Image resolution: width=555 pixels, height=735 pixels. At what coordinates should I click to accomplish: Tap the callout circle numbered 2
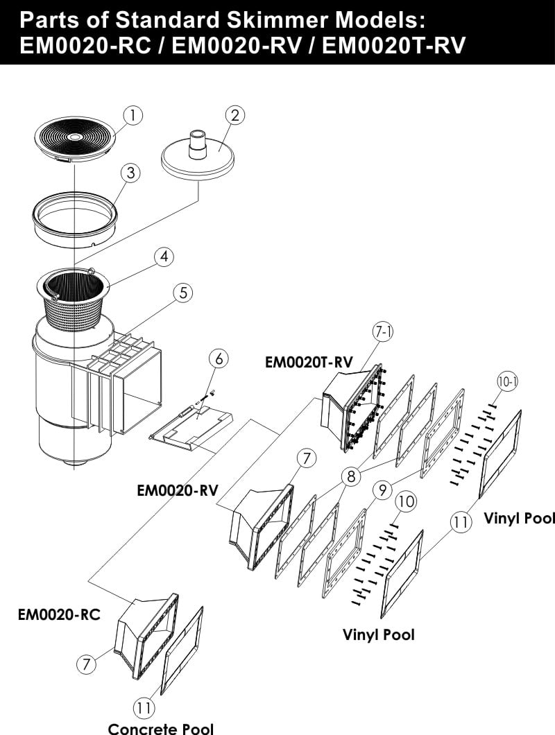coord(235,115)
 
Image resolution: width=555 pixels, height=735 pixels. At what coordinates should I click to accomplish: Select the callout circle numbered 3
coord(130,173)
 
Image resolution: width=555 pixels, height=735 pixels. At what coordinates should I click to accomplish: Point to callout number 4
coord(163,257)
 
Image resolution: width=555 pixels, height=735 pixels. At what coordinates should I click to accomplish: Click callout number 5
coord(182,293)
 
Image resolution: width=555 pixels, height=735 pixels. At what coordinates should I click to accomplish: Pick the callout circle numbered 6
coord(219,358)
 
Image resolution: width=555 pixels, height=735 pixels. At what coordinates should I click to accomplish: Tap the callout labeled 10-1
coord(508,381)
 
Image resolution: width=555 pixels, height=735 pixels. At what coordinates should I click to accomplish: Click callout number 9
coord(382,490)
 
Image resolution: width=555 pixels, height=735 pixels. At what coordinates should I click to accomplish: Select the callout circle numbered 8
coord(352,476)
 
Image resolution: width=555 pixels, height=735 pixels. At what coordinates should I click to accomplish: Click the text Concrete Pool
coord(160,727)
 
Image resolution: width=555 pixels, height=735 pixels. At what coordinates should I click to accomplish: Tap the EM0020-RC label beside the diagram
coord(59,614)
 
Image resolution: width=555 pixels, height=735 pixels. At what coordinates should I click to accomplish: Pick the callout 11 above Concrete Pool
coord(144,707)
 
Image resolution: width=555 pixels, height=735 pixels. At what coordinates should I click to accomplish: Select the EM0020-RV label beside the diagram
coord(178,491)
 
